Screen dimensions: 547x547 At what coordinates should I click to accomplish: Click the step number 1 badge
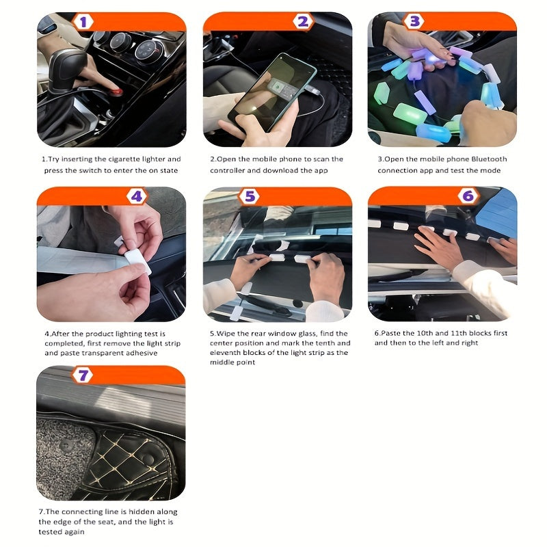coord(83,22)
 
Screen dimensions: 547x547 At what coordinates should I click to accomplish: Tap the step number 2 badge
coord(304,22)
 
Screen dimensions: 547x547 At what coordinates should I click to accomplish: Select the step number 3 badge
coord(414,21)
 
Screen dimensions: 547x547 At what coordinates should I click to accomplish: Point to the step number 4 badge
coord(137,197)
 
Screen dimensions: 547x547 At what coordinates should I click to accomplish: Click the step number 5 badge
coord(250,197)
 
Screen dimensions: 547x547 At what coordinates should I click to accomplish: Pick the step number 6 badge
coord(468,197)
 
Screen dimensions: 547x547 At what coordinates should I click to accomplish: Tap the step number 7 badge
coord(83,375)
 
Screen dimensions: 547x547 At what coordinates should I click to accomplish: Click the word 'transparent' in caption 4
coord(109,353)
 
